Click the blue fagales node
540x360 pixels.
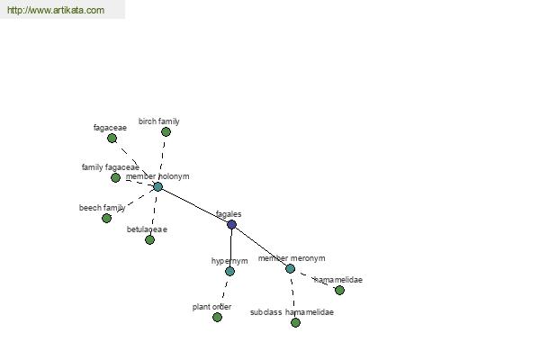(x=232, y=225)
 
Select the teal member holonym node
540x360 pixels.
(x=158, y=186)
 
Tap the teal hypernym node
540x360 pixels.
(x=230, y=271)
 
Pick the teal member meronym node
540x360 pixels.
(x=291, y=268)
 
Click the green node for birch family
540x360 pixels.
(x=166, y=131)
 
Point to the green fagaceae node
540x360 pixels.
(x=112, y=138)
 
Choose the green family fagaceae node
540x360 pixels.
(x=116, y=178)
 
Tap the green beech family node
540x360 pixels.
(x=107, y=218)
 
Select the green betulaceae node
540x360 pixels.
(x=149, y=239)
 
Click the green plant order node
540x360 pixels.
(x=217, y=318)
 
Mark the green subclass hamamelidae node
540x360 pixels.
(x=295, y=322)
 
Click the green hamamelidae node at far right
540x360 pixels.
(x=339, y=290)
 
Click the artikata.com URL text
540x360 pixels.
(x=56, y=10)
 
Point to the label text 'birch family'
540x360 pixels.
(x=159, y=121)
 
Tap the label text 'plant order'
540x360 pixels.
(x=211, y=307)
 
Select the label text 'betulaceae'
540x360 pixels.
(x=147, y=229)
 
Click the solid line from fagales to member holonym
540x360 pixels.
(x=195, y=206)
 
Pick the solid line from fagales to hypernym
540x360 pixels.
(x=231, y=248)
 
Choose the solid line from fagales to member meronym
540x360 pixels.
(x=261, y=247)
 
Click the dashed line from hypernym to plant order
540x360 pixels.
(x=224, y=293)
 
